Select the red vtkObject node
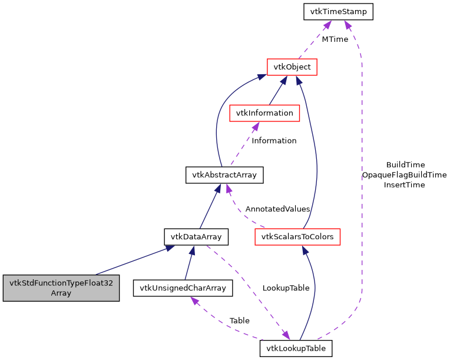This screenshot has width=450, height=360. [292, 67]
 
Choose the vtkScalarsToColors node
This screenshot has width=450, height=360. [297, 237]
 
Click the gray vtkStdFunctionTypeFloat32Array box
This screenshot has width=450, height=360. [61, 288]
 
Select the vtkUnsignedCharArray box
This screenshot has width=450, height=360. [183, 288]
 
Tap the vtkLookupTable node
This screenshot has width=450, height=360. [296, 348]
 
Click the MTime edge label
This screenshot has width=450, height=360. [335, 39]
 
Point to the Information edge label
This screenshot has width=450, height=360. [274, 140]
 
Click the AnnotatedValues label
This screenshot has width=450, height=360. [277, 209]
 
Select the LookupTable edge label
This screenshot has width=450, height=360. [286, 288]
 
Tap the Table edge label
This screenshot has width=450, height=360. [240, 321]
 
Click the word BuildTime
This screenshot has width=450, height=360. [405, 164]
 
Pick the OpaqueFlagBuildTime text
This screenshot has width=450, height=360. [404, 174]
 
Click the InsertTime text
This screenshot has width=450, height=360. [404, 184]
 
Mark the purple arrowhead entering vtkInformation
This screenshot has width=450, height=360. [256, 125]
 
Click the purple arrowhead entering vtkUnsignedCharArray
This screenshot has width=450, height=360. [194, 301]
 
